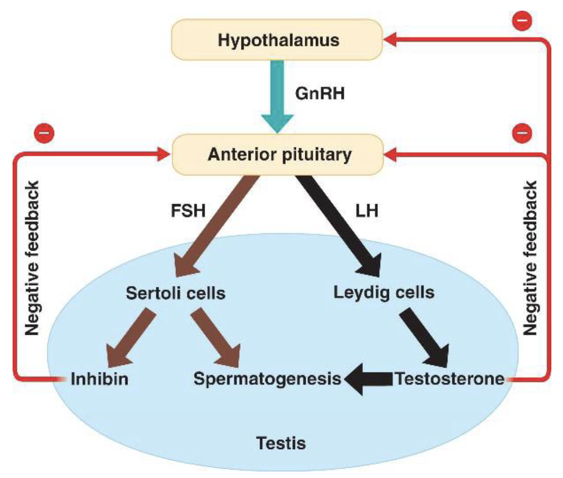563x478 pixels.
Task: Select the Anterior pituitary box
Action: tap(278, 154)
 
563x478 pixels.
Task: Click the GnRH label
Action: tap(320, 93)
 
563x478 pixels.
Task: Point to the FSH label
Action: tap(188, 211)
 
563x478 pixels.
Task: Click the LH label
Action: tap(367, 211)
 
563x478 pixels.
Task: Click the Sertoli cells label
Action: tap(175, 293)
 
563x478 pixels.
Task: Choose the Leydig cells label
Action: tap(384, 292)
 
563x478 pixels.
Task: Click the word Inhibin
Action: tap(100, 378)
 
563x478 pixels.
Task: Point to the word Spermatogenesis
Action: tap(268, 378)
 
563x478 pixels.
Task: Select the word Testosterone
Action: tap(449, 378)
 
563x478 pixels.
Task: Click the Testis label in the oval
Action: tap(281, 443)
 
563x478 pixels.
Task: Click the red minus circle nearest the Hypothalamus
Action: tap(522, 21)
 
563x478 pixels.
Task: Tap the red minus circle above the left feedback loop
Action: tap(44, 133)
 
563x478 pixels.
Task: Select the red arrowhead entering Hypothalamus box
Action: tap(391, 40)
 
